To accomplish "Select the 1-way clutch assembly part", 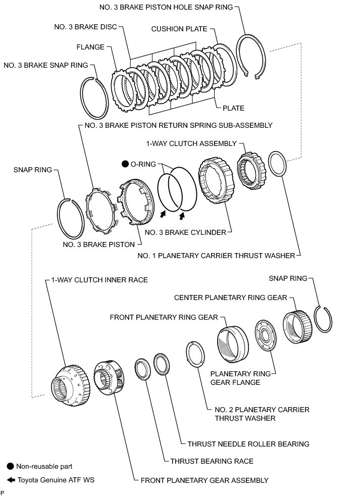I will coord(249,168).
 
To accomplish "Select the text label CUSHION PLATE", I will coord(179,29).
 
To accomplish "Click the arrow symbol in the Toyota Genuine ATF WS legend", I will coord(11,480).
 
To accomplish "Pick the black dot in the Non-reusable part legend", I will coord(10,466).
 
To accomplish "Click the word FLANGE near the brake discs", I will coord(90,47).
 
